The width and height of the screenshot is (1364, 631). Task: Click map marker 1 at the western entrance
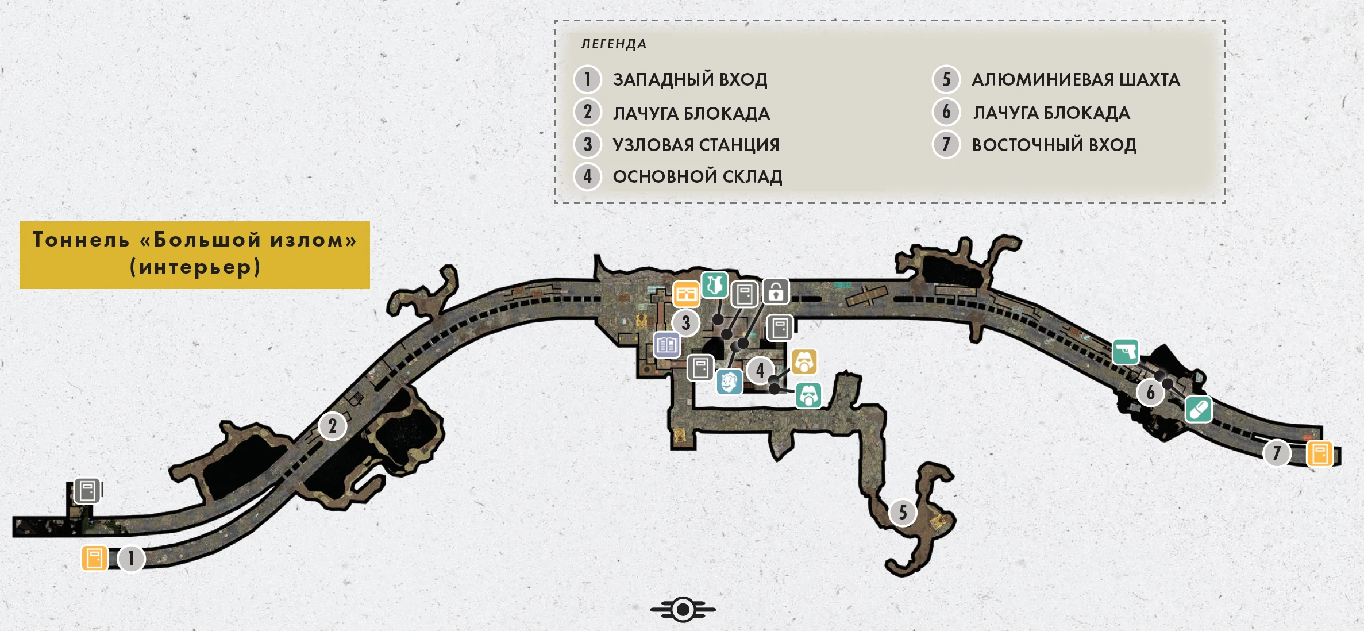tap(131, 558)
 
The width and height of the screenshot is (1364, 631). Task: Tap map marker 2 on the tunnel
tap(332, 426)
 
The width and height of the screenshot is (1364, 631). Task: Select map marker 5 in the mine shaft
tap(903, 512)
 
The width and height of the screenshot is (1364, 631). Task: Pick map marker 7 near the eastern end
tap(1277, 453)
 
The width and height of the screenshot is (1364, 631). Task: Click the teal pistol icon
tap(1126, 352)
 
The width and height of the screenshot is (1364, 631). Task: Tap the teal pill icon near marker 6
tap(1199, 410)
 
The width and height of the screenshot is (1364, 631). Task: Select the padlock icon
tap(776, 292)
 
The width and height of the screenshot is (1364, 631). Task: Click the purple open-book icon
tap(667, 345)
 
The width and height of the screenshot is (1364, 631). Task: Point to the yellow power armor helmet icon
tap(804, 362)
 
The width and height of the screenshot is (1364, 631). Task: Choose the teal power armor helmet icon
tap(808, 395)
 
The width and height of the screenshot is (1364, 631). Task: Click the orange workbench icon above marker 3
tap(686, 295)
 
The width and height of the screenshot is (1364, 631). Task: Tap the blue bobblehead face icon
tap(729, 382)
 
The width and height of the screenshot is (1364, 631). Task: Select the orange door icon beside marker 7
tap(1319, 454)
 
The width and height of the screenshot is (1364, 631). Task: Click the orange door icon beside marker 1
tap(95, 558)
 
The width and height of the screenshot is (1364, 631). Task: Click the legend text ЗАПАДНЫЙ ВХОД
tap(689, 79)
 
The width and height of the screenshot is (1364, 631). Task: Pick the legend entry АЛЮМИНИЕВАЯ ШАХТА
tap(1076, 79)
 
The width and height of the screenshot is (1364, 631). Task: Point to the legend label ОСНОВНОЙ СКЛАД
tap(697, 176)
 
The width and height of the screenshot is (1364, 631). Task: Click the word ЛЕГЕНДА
tap(614, 44)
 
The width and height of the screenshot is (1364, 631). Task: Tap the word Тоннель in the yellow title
tap(81, 240)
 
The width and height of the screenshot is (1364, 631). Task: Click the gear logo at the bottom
tap(683, 609)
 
